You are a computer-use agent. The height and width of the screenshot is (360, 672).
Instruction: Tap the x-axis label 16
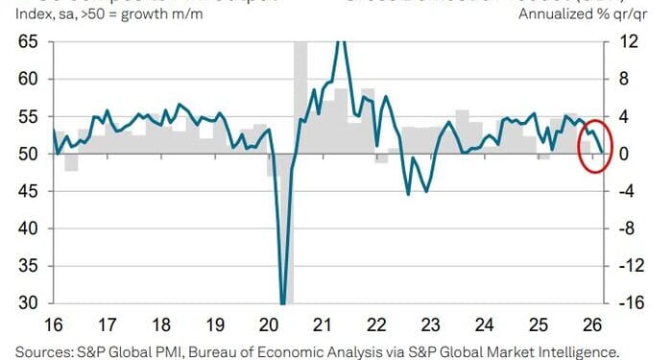(55, 324)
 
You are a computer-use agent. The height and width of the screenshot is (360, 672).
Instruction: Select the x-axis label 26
(591, 324)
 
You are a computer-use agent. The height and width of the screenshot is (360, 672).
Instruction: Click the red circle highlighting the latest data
(595, 146)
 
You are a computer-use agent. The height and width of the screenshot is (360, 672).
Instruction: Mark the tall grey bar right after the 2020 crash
(300, 96)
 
